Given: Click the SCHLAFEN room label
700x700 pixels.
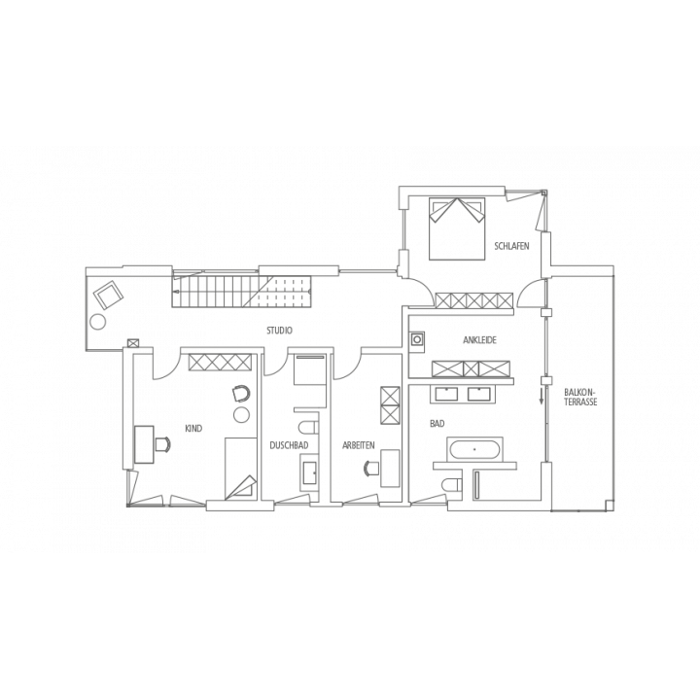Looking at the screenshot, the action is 511,246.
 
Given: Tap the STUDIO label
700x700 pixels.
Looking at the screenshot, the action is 279,331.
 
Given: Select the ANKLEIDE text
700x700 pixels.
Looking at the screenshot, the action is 480,340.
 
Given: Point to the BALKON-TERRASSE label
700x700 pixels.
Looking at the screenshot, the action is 580,397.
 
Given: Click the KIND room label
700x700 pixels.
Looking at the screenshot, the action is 193,429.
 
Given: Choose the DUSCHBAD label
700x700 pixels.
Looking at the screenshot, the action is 289,445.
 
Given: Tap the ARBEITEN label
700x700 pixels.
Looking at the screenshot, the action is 359,445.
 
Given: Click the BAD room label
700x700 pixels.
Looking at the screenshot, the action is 437,424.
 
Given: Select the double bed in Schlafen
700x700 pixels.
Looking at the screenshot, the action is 457,228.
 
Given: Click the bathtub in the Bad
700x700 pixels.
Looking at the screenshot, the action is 474,449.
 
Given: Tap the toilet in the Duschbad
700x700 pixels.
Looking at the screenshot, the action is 308,428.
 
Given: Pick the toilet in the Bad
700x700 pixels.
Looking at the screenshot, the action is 451,485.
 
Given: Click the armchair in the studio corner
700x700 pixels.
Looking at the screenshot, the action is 108,295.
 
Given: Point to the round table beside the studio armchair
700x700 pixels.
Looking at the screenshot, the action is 98,322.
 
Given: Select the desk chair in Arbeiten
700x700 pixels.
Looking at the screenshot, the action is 371,469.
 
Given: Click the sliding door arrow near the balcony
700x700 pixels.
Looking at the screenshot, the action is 542,396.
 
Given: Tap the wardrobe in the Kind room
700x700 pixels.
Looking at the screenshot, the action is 220,362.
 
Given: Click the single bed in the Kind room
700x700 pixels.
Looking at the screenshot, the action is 241,468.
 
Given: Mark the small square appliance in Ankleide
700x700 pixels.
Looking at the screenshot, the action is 417,339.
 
